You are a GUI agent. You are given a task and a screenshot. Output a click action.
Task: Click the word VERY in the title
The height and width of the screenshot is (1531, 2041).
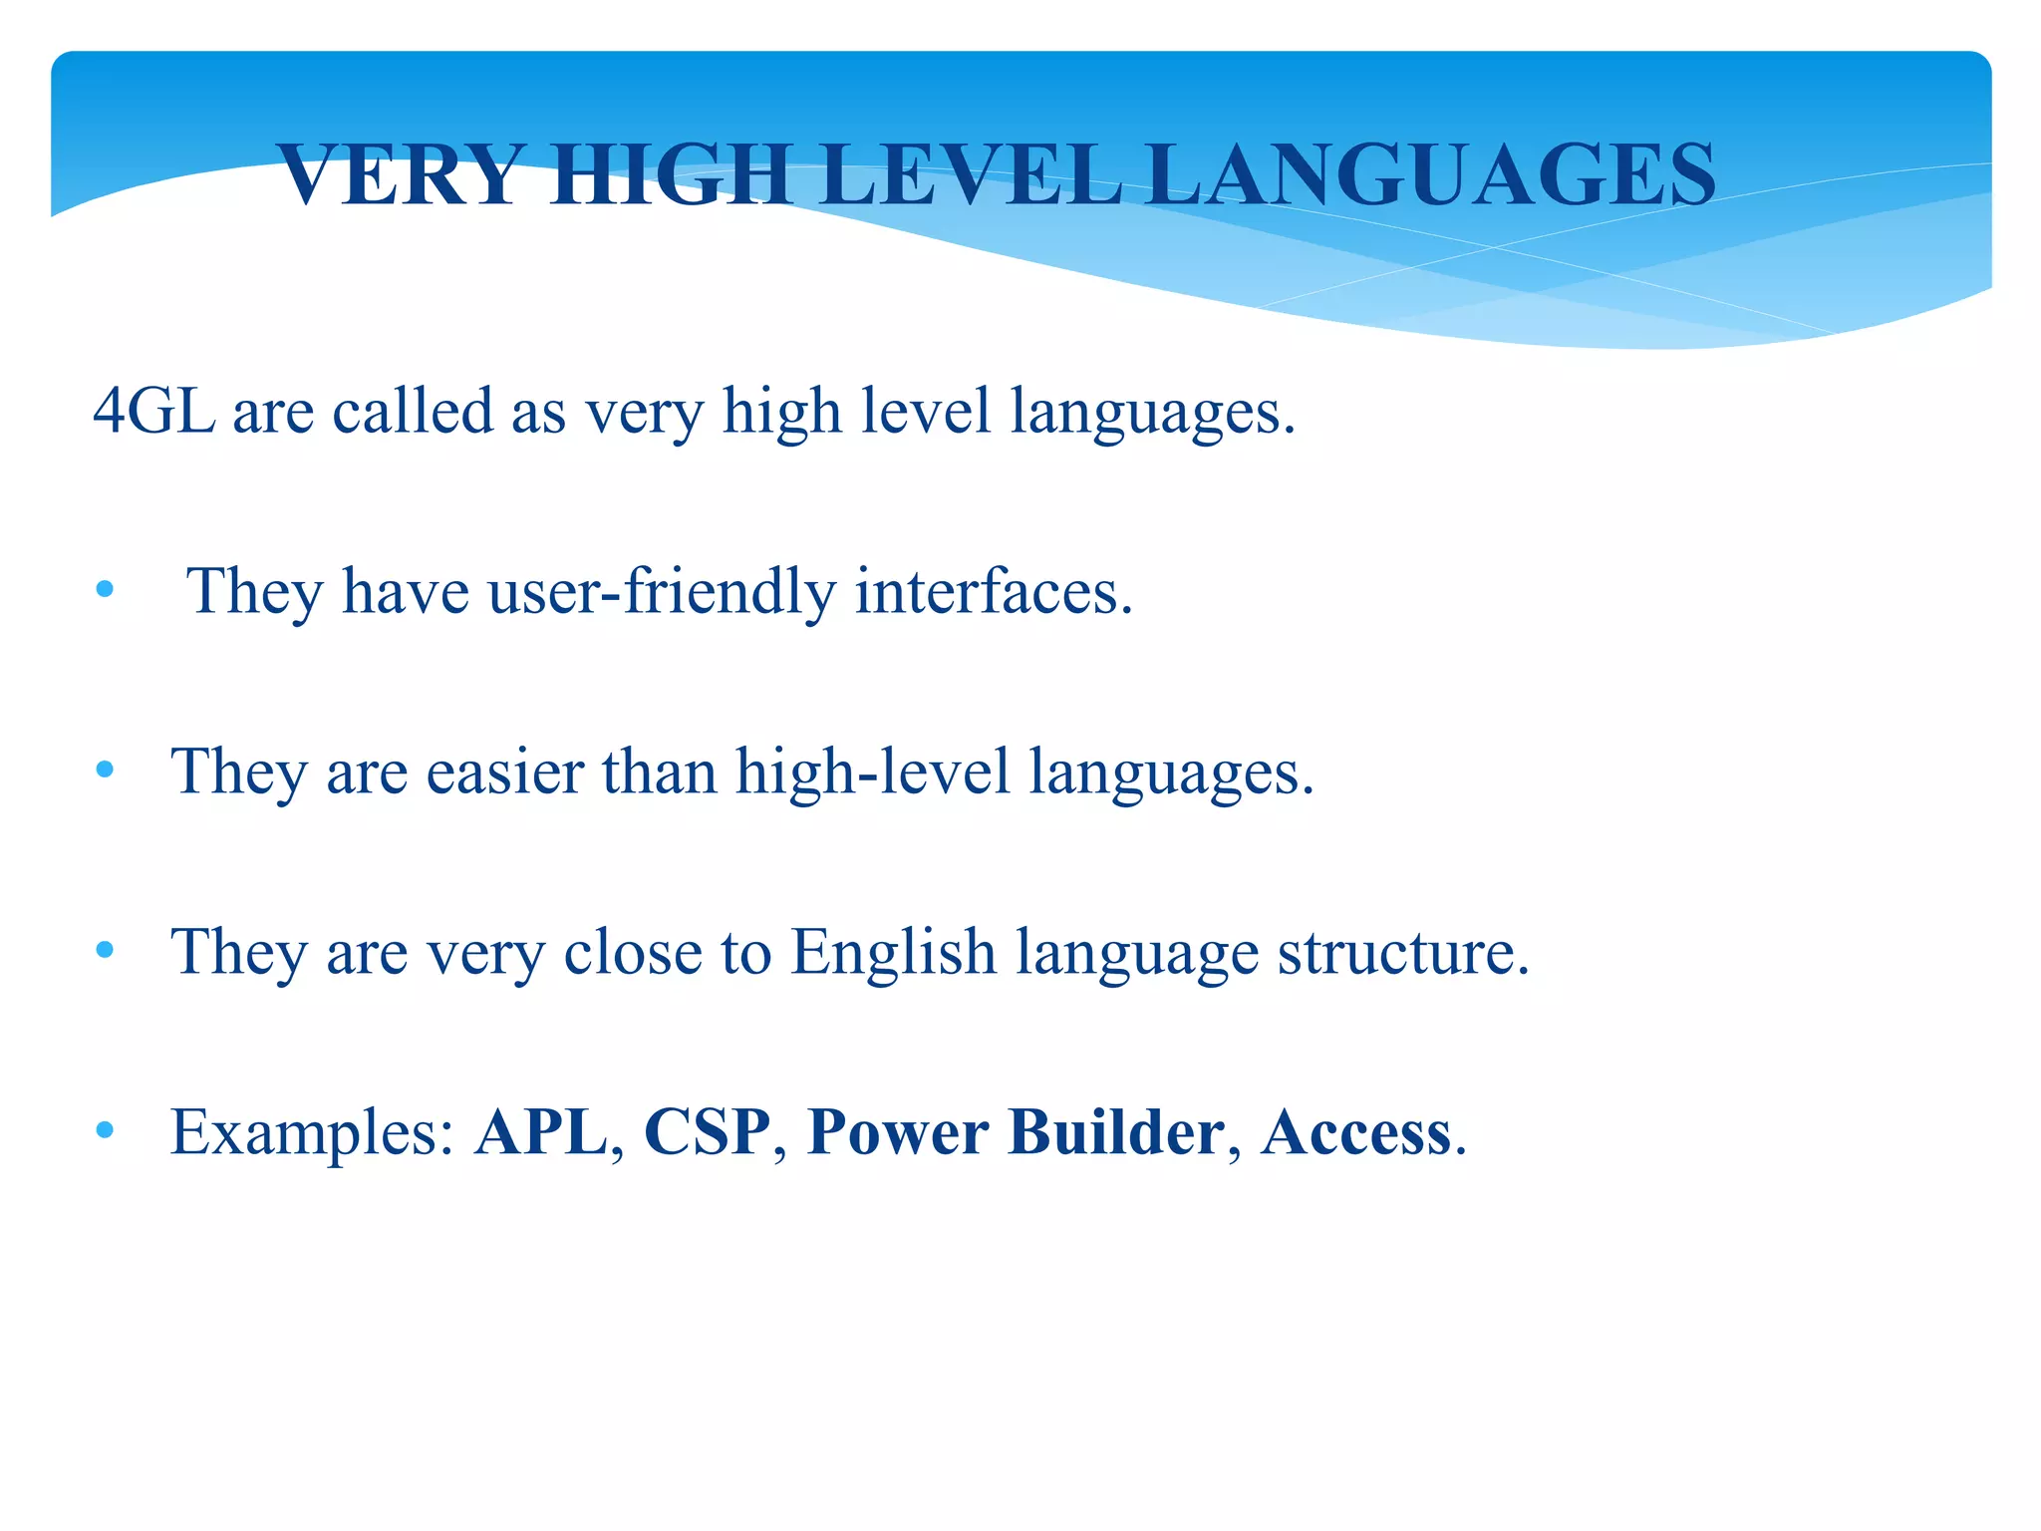pyautogui.click(x=400, y=175)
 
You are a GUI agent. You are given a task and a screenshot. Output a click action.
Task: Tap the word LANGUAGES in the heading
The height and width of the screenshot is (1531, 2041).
pyautogui.click(x=1431, y=175)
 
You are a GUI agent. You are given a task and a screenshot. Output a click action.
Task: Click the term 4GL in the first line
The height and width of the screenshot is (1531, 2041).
pyautogui.click(x=153, y=411)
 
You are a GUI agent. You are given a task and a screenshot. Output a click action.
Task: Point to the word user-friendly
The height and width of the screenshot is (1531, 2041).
pyautogui.click(x=662, y=591)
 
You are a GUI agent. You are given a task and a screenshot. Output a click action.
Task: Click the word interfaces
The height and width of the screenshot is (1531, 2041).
pyautogui.click(x=994, y=591)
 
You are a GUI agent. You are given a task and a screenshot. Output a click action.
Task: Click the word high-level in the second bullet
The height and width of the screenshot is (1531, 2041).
pyautogui.click(x=873, y=771)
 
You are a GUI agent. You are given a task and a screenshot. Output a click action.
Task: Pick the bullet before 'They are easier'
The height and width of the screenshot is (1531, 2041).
pyautogui.click(x=105, y=770)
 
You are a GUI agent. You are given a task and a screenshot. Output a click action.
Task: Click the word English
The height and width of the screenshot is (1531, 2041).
pyautogui.click(x=893, y=952)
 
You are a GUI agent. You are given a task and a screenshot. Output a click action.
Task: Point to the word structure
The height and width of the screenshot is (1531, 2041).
pyautogui.click(x=1403, y=952)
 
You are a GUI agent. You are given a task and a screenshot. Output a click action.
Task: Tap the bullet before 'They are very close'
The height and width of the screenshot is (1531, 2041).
pyautogui.click(x=105, y=951)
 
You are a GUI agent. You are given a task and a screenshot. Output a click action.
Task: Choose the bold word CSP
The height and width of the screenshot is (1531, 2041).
pyautogui.click(x=708, y=1132)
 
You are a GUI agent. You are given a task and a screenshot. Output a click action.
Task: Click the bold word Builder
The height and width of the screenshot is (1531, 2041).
pyautogui.click(x=1116, y=1132)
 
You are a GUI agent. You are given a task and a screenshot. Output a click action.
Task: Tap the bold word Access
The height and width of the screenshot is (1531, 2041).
pyautogui.click(x=1355, y=1132)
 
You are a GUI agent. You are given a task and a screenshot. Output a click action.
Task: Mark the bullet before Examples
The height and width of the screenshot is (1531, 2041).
pyautogui.click(x=105, y=1131)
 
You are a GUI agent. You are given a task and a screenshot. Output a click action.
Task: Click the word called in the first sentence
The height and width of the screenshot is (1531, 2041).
pyautogui.click(x=413, y=411)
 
